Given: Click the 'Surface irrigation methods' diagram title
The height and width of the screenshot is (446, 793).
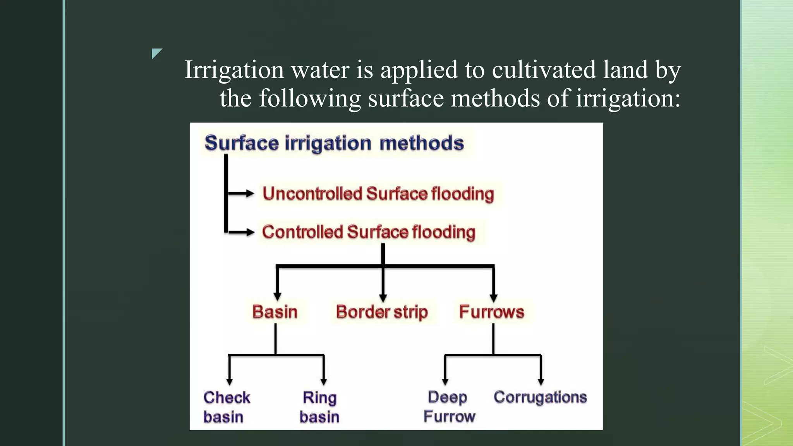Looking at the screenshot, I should (x=334, y=143).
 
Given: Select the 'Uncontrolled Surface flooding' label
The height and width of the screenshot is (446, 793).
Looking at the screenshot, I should (x=378, y=194).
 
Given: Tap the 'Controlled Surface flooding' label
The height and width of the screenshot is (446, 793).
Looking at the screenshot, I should (x=368, y=232).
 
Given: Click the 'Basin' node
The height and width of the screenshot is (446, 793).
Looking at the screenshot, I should (x=275, y=312).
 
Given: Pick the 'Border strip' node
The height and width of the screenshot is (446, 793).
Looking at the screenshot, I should (x=382, y=312).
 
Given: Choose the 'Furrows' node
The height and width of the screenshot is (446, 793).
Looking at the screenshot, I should (x=491, y=312).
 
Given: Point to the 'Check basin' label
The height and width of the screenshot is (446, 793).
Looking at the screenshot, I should (x=227, y=407).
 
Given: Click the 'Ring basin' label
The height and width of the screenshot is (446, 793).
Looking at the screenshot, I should (x=319, y=407).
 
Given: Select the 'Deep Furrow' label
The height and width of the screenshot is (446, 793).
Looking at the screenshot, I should (x=449, y=407).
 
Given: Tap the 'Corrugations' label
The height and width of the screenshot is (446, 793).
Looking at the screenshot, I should (x=540, y=397).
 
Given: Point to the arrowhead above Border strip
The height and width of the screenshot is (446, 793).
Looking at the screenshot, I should (x=383, y=298).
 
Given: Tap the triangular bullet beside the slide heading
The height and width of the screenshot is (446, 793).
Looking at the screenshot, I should (x=156, y=53).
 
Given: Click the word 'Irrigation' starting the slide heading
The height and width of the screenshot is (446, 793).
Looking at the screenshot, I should (x=234, y=70).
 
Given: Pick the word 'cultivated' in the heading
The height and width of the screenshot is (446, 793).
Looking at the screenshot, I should (x=544, y=70).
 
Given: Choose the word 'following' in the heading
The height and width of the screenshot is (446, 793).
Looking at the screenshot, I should (x=310, y=98).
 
